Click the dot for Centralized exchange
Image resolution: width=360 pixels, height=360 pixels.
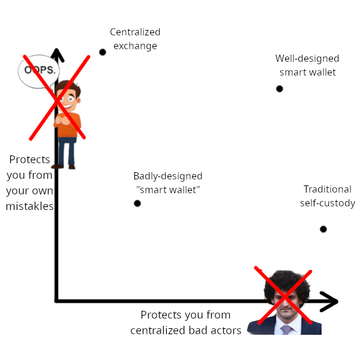(x=103, y=52)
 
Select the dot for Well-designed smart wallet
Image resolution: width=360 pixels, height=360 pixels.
(x=280, y=89)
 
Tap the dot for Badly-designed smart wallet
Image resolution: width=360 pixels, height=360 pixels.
(x=137, y=203)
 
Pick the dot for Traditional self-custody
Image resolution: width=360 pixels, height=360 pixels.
(x=323, y=229)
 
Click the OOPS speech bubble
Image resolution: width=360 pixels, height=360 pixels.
(x=38, y=71)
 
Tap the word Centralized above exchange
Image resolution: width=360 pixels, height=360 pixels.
(x=135, y=32)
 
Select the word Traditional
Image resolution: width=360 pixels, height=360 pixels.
(x=328, y=189)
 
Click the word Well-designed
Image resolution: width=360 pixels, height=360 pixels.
(x=307, y=59)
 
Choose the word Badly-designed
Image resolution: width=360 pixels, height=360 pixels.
(x=168, y=176)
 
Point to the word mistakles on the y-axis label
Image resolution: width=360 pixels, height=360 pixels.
(x=29, y=206)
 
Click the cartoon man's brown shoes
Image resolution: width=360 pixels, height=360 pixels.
(x=64, y=167)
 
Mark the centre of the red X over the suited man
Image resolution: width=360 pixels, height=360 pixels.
(x=284, y=296)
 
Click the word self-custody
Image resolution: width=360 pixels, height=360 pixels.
(x=328, y=203)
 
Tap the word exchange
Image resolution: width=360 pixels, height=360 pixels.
(x=135, y=46)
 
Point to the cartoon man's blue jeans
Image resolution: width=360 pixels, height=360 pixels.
(x=67, y=151)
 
